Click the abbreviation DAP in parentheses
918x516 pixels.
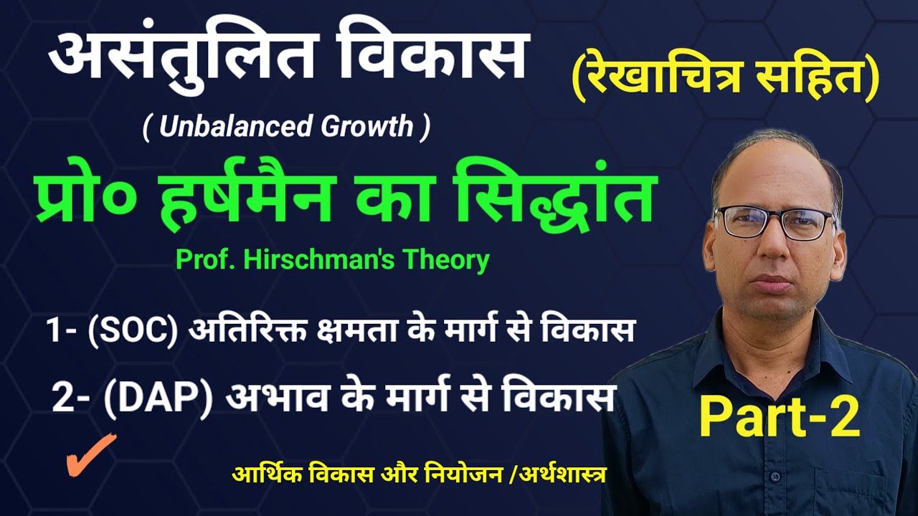tap(158, 398)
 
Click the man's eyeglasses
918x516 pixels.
tap(774, 222)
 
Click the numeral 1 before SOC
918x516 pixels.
tap(53, 333)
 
